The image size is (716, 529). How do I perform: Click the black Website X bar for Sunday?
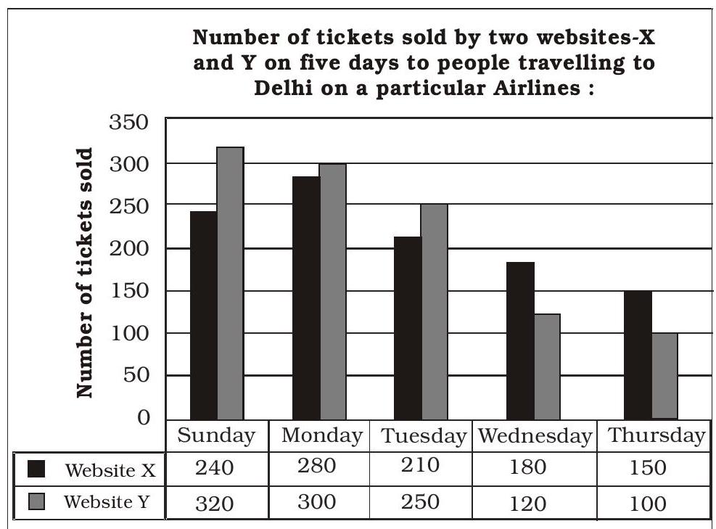(x=203, y=315)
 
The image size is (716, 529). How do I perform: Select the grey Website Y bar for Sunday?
(x=230, y=283)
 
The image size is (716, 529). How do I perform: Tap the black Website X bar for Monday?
(x=305, y=298)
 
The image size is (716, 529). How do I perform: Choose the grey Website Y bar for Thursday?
(x=664, y=376)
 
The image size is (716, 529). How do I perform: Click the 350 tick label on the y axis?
(x=128, y=123)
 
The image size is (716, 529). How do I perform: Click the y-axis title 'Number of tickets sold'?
(x=86, y=273)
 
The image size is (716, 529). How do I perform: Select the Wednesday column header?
(x=535, y=436)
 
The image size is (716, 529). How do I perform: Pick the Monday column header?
(x=321, y=436)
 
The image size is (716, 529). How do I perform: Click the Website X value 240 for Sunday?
(x=215, y=468)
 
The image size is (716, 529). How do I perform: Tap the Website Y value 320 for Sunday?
(x=215, y=503)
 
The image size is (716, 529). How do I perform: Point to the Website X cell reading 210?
(x=420, y=466)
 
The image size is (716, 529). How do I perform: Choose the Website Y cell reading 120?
(x=527, y=503)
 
